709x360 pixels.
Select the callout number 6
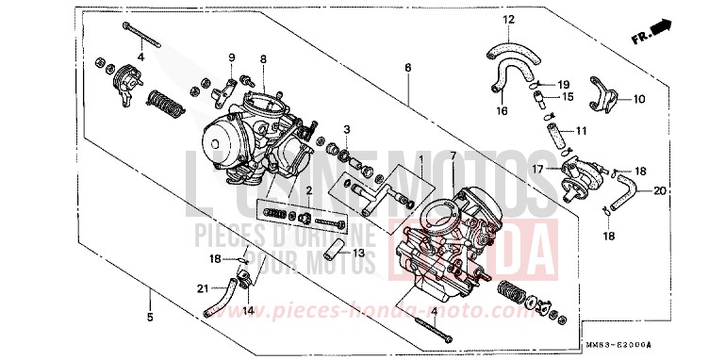[407, 68]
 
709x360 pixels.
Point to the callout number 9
[231, 58]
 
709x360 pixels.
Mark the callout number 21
[201, 287]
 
